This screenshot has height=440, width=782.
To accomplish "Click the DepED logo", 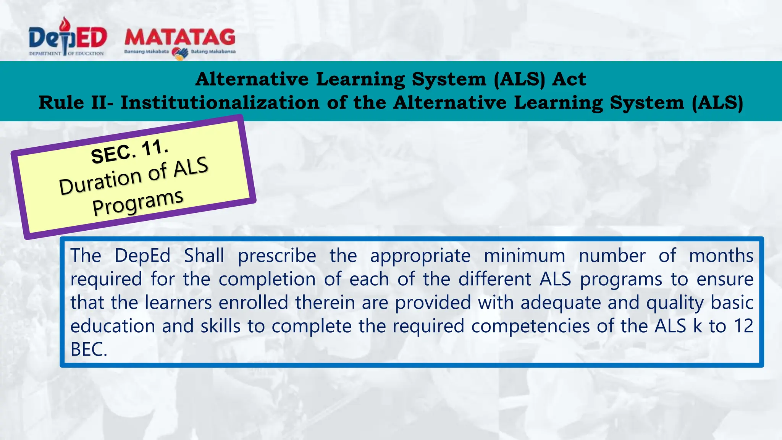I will pos(67,38).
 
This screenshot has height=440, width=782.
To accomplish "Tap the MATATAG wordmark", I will pos(180,37).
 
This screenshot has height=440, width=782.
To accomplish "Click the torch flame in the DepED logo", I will pos(65,24).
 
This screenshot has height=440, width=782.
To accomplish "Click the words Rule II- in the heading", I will pos(76,103).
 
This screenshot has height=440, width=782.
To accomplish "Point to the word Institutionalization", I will pos(220,103).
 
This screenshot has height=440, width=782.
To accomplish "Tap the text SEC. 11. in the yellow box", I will pos(129,152).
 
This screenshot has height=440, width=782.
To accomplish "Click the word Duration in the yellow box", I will pos(100,182).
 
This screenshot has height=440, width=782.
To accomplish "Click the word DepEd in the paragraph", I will pos(142,256).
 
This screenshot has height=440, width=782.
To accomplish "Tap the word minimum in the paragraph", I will pos(524,256).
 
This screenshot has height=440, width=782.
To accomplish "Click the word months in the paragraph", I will pos(721,256).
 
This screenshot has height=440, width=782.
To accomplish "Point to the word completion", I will pos(267,280).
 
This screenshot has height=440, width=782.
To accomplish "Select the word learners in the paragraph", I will pos(178,302).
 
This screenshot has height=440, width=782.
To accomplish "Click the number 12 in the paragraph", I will pos(743,326).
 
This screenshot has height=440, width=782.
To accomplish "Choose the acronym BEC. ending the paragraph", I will pos(89,349).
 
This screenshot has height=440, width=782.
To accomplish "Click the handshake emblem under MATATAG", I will pos(180,53).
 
